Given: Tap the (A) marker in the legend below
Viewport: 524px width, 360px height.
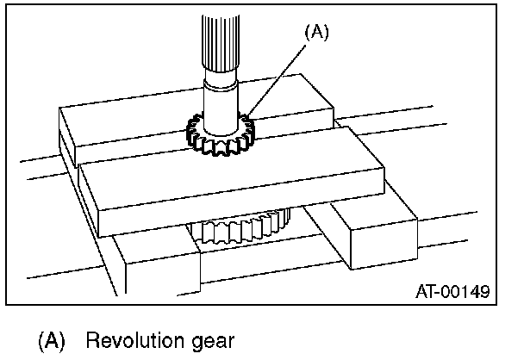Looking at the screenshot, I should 51,340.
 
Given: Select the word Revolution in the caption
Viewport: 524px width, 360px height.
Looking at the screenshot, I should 128,340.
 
